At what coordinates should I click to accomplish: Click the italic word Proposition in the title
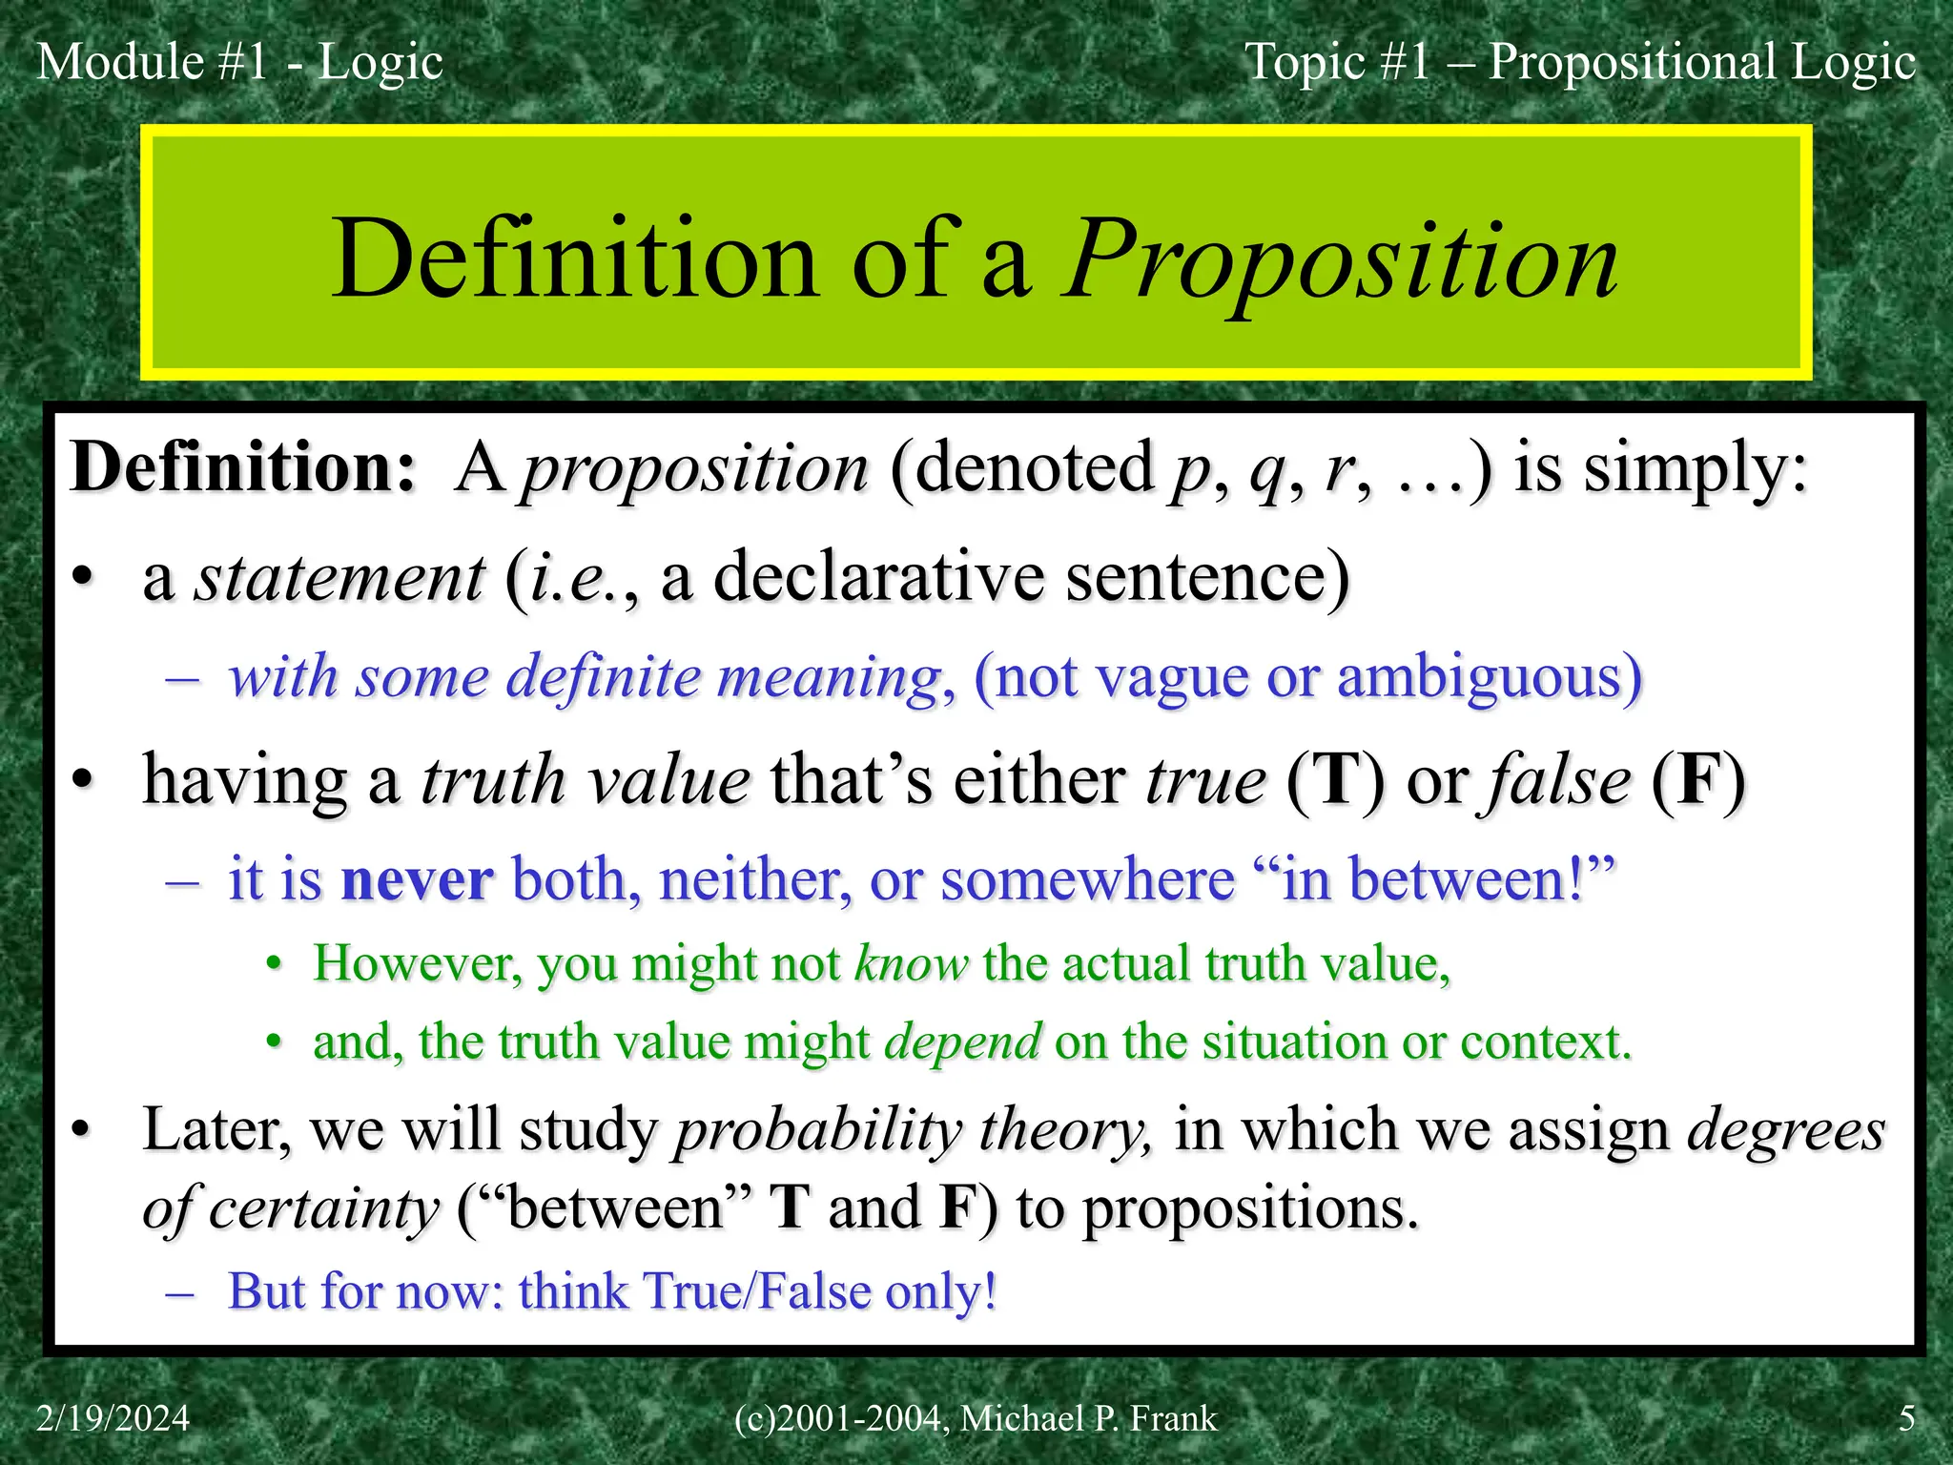(x=1340, y=259)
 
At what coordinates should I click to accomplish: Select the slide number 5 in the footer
(x=1906, y=1418)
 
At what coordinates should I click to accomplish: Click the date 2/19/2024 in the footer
(x=113, y=1418)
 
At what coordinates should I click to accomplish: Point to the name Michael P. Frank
(x=1088, y=1418)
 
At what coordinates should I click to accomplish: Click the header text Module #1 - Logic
(x=239, y=62)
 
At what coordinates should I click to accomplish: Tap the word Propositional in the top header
(x=1632, y=62)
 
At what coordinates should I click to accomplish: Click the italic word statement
(x=339, y=578)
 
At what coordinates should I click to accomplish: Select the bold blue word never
(x=417, y=879)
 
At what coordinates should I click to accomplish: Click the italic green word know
(x=911, y=963)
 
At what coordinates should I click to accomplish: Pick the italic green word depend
(x=962, y=1042)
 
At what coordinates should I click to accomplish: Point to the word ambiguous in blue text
(x=1489, y=678)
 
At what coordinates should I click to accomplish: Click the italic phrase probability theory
(x=912, y=1130)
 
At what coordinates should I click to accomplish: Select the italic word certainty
(x=323, y=1208)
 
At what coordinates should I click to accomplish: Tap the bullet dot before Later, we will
(x=83, y=1131)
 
